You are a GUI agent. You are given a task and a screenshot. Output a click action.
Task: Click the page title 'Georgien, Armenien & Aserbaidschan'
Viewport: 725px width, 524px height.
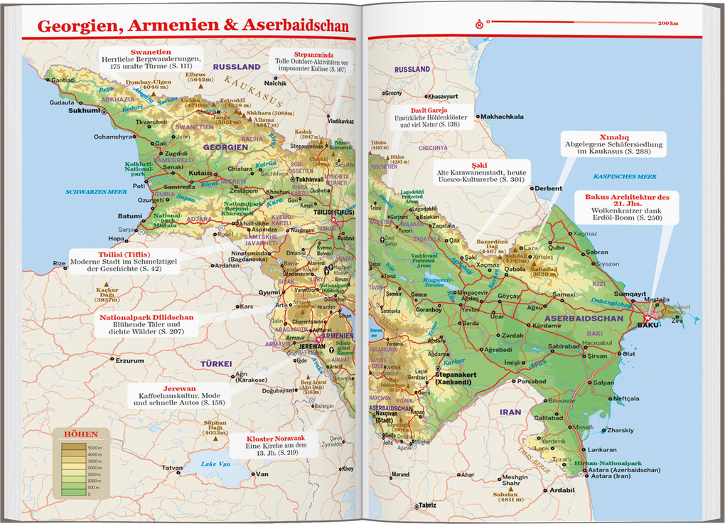point(193,26)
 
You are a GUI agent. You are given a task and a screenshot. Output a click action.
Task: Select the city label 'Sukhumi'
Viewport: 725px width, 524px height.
point(84,111)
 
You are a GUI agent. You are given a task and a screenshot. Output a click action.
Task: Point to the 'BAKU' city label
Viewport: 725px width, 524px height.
point(649,325)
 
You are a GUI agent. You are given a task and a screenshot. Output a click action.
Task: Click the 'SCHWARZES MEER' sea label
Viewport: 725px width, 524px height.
point(96,191)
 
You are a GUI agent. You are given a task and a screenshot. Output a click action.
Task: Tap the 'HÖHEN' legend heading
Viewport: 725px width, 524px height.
point(80,435)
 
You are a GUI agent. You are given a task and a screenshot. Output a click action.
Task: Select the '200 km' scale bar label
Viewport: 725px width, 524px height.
point(667,24)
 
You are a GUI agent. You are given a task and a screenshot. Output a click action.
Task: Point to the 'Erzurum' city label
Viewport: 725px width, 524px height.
point(129,360)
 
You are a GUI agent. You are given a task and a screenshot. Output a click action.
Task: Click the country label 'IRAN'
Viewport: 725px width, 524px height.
point(510,412)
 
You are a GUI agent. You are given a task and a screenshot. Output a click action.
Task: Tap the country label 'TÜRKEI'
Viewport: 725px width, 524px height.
point(216,363)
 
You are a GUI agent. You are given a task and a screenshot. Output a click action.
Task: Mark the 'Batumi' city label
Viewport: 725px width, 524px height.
point(129,216)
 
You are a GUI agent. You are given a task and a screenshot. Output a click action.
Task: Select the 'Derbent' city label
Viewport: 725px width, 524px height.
point(548,188)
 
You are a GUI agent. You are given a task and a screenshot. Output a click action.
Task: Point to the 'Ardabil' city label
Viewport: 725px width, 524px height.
point(562,490)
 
